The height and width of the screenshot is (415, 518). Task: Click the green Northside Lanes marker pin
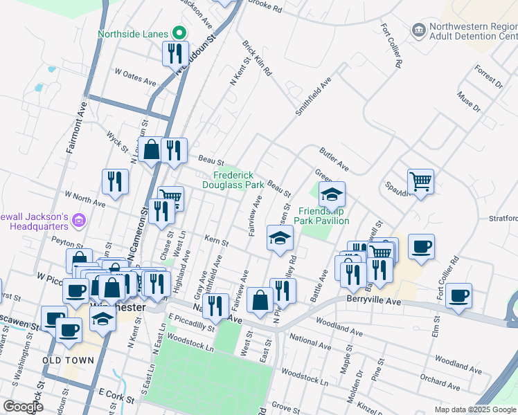click(x=179, y=33)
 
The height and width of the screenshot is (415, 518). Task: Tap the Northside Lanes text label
click(x=133, y=34)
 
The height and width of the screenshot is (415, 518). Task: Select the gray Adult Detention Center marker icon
click(x=418, y=30)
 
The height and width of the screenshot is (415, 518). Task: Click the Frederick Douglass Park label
click(x=233, y=180)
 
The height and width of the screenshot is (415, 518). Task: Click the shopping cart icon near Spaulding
click(x=420, y=181)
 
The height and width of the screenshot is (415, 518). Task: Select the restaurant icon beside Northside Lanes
click(x=174, y=53)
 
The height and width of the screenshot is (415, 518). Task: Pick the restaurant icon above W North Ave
click(x=114, y=181)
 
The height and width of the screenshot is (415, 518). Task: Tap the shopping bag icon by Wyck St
click(x=150, y=149)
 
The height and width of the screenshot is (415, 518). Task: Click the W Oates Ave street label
click(x=136, y=76)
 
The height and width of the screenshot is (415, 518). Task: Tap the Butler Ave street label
click(x=333, y=158)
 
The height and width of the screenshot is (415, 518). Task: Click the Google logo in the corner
click(x=23, y=406)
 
